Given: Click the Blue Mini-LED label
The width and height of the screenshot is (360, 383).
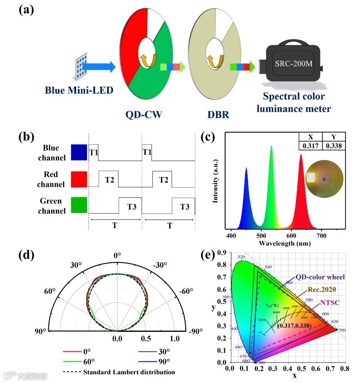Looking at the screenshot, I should pos(79,90).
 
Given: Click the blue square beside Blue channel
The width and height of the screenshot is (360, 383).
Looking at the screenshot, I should pos(79,152).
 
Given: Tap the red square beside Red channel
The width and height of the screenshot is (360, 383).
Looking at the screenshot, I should pos(79,179).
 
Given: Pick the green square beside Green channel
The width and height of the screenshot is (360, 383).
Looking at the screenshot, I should pos(79,205).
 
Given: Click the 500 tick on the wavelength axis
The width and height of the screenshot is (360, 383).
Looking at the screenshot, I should pos(261,236).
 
